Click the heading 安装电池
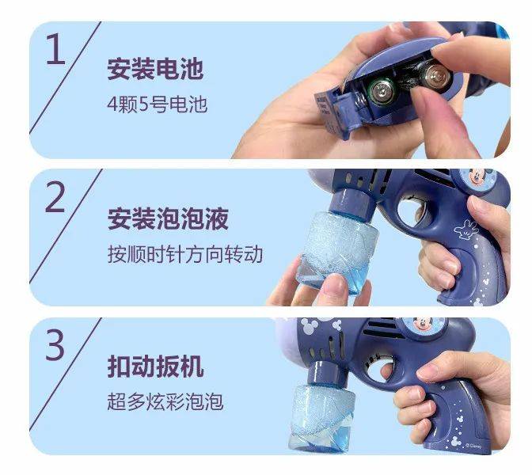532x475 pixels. click(155, 69)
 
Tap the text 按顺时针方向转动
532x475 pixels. click(185, 254)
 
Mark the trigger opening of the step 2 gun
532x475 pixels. click(412, 213)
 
